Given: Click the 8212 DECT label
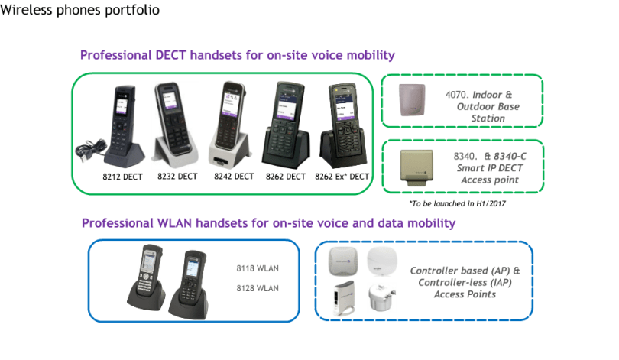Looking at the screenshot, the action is [122, 177].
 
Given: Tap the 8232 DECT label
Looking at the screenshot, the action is [177, 177].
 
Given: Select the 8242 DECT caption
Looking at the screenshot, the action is [234, 177].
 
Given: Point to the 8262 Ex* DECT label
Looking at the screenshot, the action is [342, 177].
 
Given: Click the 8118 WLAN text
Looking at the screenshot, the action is [258, 268].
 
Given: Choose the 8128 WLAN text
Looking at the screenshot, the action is [258, 288].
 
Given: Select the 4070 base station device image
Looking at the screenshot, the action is [412, 100].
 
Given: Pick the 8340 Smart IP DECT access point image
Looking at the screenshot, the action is [417, 167].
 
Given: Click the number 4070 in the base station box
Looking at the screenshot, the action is [456, 95].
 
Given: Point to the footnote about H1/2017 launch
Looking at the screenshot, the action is [457, 203].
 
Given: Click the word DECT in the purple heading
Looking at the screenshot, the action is [170, 55].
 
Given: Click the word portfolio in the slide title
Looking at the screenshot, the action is [132, 10].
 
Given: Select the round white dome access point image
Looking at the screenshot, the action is [381, 261].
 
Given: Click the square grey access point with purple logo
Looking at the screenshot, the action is [343, 261].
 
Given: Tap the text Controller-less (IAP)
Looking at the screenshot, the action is [465, 283].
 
